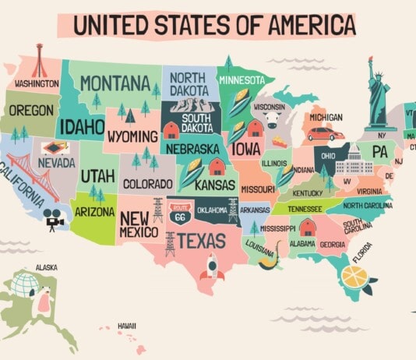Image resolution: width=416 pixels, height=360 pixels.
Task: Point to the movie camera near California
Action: pyautogui.click(x=54, y=219)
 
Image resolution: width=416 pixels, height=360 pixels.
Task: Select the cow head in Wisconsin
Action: pyautogui.click(x=272, y=119)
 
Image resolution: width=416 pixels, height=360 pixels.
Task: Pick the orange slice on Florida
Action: pyautogui.click(x=354, y=277)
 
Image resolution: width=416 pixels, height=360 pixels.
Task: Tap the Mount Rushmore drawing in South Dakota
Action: pyautogui.click(x=185, y=106)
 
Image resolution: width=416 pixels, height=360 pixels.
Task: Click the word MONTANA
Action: pyautogui.click(x=115, y=83)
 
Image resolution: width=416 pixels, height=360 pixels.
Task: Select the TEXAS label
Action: pyautogui.click(x=202, y=242)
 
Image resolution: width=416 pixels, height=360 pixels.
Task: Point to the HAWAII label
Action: pyautogui.click(x=127, y=325)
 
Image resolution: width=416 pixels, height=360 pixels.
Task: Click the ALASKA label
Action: pyautogui.click(x=46, y=267)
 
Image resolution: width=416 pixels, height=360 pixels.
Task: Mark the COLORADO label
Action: pyautogui.click(x=147, y=184)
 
